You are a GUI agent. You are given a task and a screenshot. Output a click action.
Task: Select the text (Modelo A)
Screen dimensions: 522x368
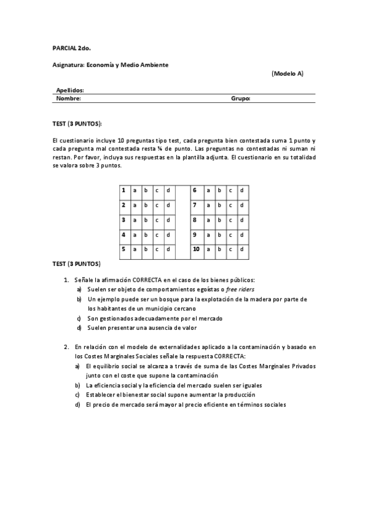[x=287, y=73]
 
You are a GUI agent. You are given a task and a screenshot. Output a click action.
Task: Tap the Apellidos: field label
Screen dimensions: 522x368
[x=70, y=90]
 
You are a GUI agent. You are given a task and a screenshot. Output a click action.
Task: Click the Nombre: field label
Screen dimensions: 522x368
[x=68, y=98]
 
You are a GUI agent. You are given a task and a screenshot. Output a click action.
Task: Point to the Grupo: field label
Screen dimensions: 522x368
[x=240, y=98]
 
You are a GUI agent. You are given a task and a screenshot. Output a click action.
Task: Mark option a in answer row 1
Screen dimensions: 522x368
[x=135, y=190]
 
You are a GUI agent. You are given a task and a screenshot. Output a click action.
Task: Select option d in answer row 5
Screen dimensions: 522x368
[x=168, y=249]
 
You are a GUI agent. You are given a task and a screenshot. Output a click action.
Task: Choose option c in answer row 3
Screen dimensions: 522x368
[x=157, y=220]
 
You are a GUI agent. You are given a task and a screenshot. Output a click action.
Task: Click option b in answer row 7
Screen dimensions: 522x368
[x=219, y=205]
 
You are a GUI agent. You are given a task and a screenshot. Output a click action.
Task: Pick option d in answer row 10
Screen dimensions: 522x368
[x=241, y=249]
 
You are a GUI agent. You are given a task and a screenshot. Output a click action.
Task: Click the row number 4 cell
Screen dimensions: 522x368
[x=123, y=235]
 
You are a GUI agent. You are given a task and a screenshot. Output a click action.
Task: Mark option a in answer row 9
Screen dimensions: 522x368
[x=208, y=235]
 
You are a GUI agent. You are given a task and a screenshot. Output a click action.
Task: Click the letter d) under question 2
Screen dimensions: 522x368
[x=78, y=404]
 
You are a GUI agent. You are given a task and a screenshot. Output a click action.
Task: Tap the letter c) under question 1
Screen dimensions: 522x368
[x=79, y=318]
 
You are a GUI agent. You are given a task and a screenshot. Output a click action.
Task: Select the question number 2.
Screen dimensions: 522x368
[x=66, y=347]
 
